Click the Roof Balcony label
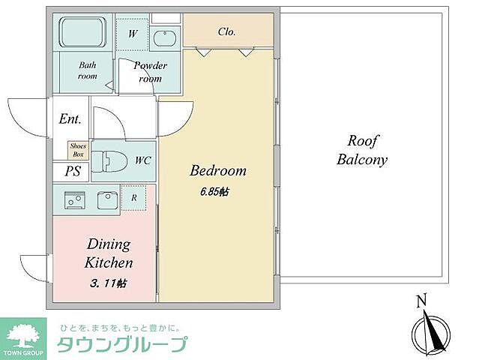[361, 150]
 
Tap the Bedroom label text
[217, 171]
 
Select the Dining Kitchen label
[109, 253]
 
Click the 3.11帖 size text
[108, 283]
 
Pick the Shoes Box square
[78, 150]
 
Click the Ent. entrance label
[70, 119]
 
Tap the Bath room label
[88, 70]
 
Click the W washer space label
[132, 34]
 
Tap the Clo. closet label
[226, 31]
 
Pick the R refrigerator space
[133, 198]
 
